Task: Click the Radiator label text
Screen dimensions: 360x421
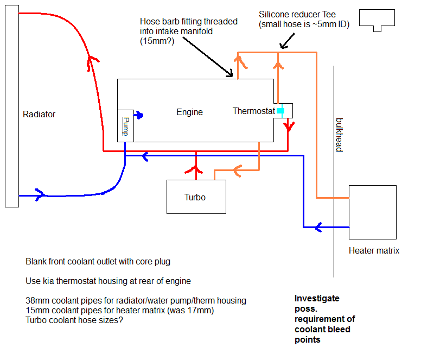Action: (39, 115)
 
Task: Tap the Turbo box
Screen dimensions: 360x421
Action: (195, 197)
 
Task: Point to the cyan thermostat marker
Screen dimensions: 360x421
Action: (280, 111)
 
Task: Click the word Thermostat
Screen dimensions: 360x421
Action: (254, 111)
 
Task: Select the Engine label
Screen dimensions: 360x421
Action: (189, 112)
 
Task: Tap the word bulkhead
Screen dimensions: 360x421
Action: (339, 134)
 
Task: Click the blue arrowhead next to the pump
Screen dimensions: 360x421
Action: (139, 115)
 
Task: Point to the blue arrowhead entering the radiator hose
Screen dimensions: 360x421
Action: (39, 195)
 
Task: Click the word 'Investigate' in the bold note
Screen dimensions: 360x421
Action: (317, 298)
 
